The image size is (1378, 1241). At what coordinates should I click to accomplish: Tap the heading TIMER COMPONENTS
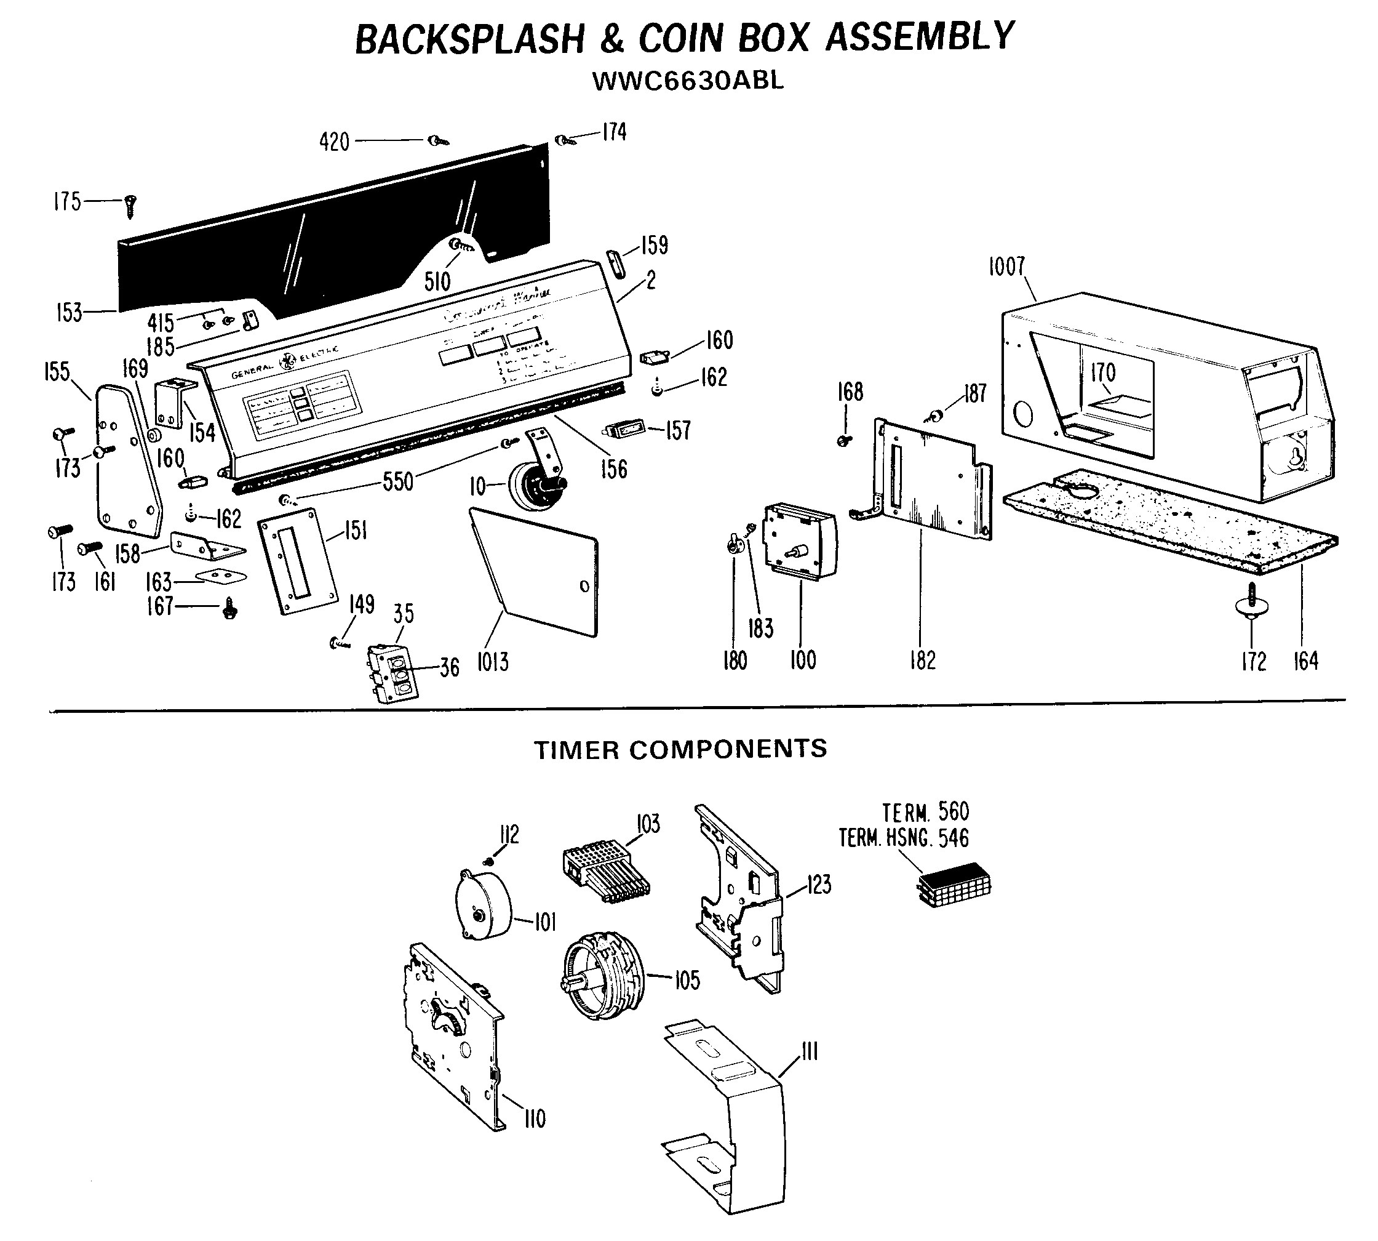[680, 749]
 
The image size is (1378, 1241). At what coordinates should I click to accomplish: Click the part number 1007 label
[1006, 267]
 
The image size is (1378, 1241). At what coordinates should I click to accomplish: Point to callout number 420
[334, 142]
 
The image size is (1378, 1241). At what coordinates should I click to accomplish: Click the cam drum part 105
[602, 977]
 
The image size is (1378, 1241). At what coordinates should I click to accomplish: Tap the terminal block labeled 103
[605, 873]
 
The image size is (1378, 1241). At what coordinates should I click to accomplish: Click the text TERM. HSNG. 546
[903, 838]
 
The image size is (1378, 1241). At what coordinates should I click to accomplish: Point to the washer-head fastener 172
[1252, 603]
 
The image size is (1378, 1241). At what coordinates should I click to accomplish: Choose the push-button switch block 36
[393, 672]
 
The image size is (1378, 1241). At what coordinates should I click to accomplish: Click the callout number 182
[922, 660]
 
